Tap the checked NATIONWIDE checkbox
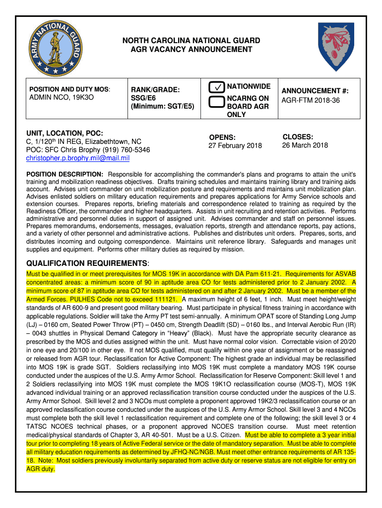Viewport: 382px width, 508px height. click(216, 87)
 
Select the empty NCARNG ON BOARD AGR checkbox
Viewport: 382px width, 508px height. click(216, 102)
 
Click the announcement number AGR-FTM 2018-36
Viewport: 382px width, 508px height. click(305, 100)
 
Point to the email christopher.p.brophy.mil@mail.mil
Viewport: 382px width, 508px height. click(78, 158)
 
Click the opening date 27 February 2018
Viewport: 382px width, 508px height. click(235, 145)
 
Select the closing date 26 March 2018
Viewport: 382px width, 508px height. click(305, 145)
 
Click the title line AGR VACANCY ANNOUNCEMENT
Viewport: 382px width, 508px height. click(191, 49)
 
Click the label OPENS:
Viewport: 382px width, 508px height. click(222, 137)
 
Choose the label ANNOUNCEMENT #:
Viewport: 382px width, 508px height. click(315, 91)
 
